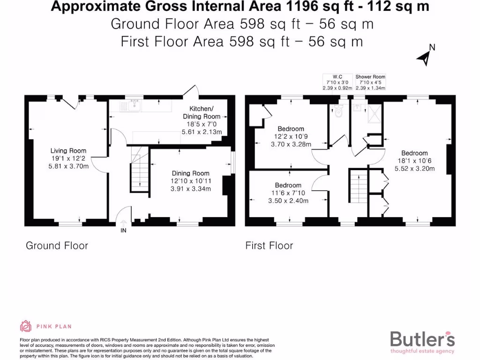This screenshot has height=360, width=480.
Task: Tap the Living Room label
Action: coord(68,150)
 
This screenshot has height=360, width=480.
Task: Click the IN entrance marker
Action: coord(123,231)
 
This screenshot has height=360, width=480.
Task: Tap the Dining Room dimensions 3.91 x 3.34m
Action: coord(191,189)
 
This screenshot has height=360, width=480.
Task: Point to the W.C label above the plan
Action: coord(337,77)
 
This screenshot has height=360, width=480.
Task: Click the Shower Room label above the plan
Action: coord(370,77)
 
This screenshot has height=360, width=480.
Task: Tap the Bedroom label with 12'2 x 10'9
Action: coord(291,128)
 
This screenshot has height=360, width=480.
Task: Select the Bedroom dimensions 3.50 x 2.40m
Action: coord(289,201)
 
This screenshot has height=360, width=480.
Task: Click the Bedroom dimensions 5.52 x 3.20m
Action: coord(414,169)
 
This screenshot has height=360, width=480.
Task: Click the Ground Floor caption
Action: coord(57,246)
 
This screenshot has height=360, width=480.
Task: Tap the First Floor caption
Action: coord(269,246)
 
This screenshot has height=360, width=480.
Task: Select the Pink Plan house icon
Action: coord(26,326)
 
